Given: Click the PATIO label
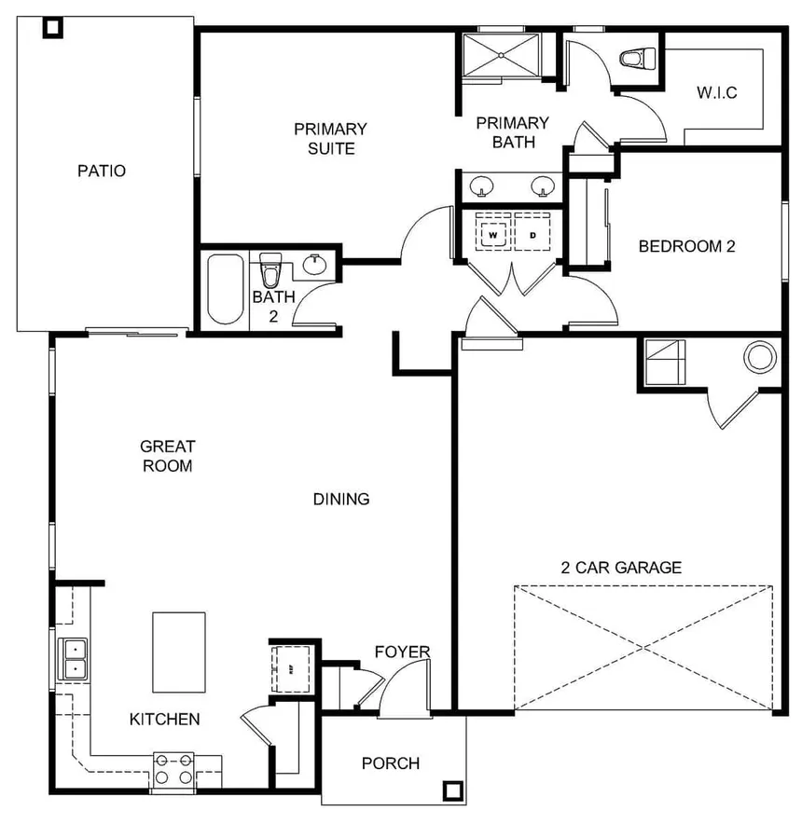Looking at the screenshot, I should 102,172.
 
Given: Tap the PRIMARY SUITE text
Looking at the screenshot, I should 330,138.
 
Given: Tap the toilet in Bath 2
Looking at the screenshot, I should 271,270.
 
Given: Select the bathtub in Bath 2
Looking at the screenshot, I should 225,287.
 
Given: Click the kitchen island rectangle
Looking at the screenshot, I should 178,652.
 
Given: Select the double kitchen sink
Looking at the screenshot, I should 73,657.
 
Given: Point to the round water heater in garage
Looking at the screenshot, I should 760,357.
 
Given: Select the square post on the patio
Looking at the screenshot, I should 53,27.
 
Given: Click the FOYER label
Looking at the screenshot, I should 403,652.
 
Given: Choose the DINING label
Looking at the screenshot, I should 341,499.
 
